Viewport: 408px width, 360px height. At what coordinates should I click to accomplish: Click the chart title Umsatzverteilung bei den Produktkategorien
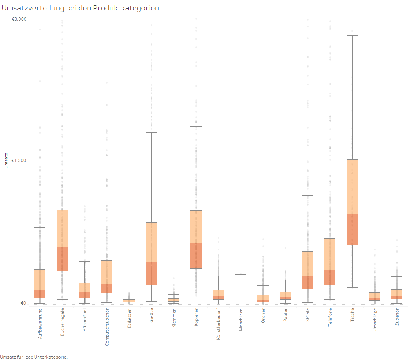(x=81, y=8)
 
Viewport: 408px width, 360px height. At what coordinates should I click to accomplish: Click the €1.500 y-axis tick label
(x=19, y=160)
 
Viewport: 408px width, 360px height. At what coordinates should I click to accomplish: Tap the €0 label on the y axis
(x=23, y=303)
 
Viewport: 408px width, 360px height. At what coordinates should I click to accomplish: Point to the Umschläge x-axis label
(x=375, y=320)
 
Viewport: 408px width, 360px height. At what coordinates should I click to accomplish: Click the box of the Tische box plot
(x=352, y=202)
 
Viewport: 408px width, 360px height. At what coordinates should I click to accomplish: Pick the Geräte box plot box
(x=151, y=253)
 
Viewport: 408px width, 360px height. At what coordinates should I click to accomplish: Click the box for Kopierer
(x=196, y=239)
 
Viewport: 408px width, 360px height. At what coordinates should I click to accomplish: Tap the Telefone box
(x=330, y=262)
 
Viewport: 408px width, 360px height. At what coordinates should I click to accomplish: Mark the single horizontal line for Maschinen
(x=241, y=274)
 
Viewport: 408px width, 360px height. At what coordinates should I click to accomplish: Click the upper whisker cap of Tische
(x=352, y=36)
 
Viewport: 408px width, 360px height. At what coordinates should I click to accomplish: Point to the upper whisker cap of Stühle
(x=308, y=196)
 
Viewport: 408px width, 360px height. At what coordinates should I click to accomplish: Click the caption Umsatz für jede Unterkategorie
(x=34, y=357)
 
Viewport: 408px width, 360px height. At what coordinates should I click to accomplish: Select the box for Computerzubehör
(x=107, y=276)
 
